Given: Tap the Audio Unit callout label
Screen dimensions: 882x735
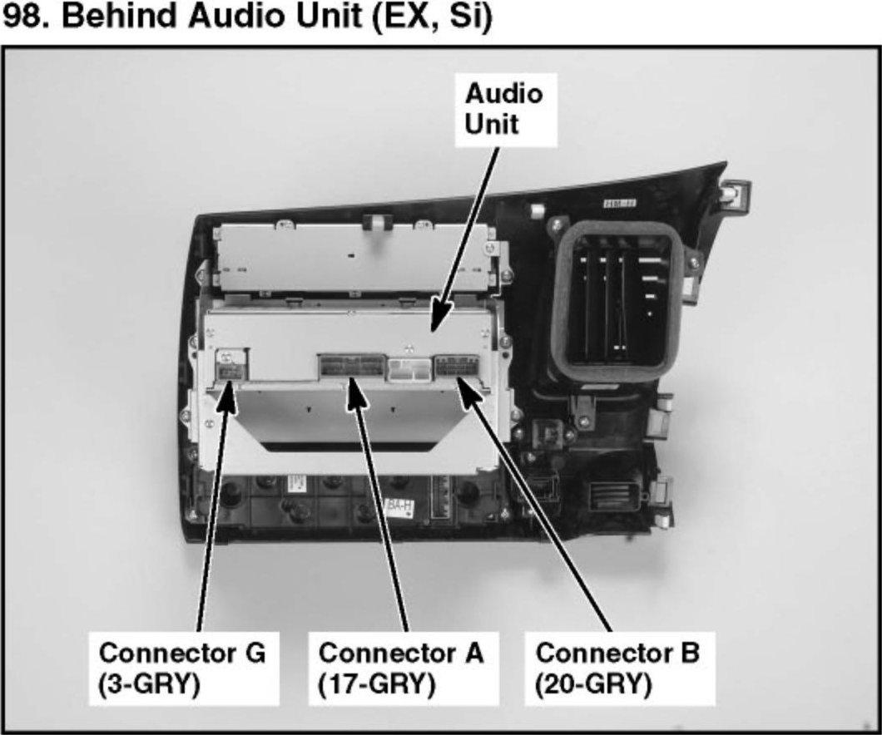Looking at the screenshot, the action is point(503,109).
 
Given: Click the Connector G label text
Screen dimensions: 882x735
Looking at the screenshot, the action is point(182,653).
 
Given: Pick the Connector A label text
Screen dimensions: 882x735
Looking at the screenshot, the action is point(400,653).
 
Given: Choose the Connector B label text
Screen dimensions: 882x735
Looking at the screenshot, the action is point(617,653).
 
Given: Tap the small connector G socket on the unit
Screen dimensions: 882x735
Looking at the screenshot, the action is point(229,365).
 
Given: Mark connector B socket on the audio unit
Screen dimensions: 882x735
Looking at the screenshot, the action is point(456,367).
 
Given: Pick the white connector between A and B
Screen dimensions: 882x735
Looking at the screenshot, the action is point(409,368).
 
